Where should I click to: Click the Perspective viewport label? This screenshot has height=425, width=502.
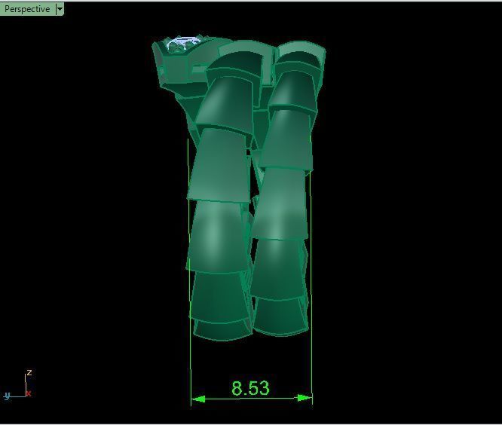[27, 9]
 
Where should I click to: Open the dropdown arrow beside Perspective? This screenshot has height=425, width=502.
[60, 9]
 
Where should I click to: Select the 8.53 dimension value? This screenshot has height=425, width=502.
[250, 389]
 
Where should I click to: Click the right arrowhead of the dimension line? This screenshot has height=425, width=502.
[305, 398]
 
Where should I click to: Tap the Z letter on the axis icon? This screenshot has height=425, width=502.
[29, 373]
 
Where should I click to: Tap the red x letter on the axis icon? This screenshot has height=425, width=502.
[29, 393]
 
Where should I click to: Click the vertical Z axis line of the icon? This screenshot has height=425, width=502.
[26, 384]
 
